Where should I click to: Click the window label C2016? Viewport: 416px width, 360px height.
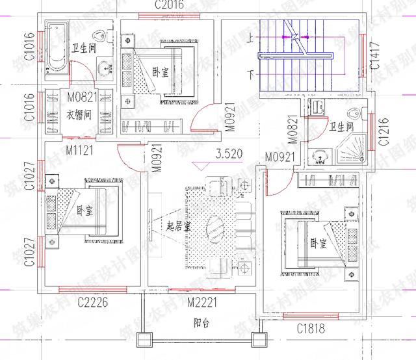click(x=169, y=5)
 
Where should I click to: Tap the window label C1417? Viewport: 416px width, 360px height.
click(x=374, y=57)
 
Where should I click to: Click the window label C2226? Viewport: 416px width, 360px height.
click(x=92, y=302)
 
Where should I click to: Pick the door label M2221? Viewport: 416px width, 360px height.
click(x=201, y=302)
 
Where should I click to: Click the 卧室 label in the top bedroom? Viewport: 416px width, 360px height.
click(x=159, y=72)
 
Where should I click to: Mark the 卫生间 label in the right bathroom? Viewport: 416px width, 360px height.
click(x=341, y=127)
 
